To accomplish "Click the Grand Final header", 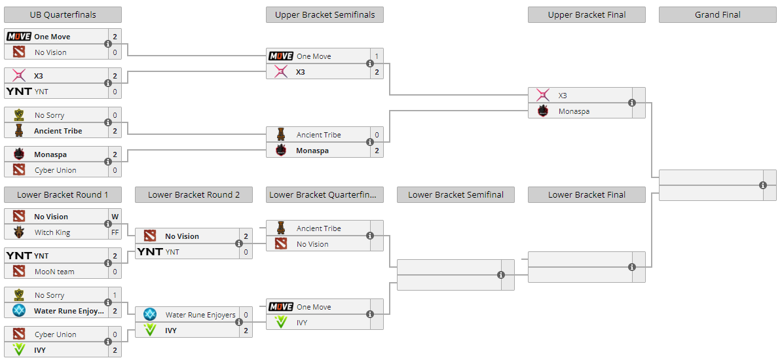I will pos(717,15).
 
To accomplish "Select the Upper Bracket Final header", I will pos(586,15).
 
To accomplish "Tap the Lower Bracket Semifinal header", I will pos(455,194).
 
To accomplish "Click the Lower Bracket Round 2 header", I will pos(193,194).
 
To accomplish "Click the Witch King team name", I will pos(52,232).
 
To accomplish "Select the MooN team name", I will pos(54,272).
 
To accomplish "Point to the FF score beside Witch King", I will pos(115,232).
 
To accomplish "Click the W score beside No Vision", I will pos(115,217).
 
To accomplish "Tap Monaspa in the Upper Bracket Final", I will pos(574,111).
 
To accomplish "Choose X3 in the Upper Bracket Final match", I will pos(563,96).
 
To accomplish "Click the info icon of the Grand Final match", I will pos(763,185).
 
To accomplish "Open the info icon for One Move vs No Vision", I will pos(108,45).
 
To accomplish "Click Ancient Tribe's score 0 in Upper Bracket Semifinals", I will pos(377,135).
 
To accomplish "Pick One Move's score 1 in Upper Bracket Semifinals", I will pos(377,56).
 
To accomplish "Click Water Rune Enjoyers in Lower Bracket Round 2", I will pos(200,315).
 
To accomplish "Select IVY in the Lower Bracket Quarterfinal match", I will pos(302,323).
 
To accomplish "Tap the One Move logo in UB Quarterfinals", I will pos(19,37).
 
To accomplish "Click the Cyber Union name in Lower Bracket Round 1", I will pos(55,334).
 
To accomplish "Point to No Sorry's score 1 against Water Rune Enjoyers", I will pos(115,295).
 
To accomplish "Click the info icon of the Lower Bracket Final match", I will pos(632,267).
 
